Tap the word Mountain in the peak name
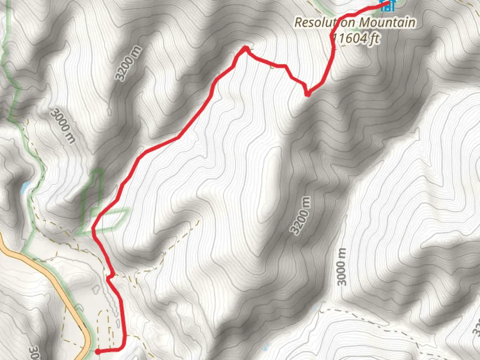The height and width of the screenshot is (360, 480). pos(387,23)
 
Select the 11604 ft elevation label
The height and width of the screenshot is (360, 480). pos(356,39)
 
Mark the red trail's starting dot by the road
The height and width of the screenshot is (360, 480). pos(97,351)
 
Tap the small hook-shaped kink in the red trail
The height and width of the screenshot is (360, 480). pos(109,276)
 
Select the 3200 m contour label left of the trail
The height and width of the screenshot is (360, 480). pos(128,64)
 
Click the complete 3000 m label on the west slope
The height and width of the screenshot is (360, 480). pos(63,126)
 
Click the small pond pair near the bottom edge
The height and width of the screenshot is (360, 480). pos(266,347)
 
